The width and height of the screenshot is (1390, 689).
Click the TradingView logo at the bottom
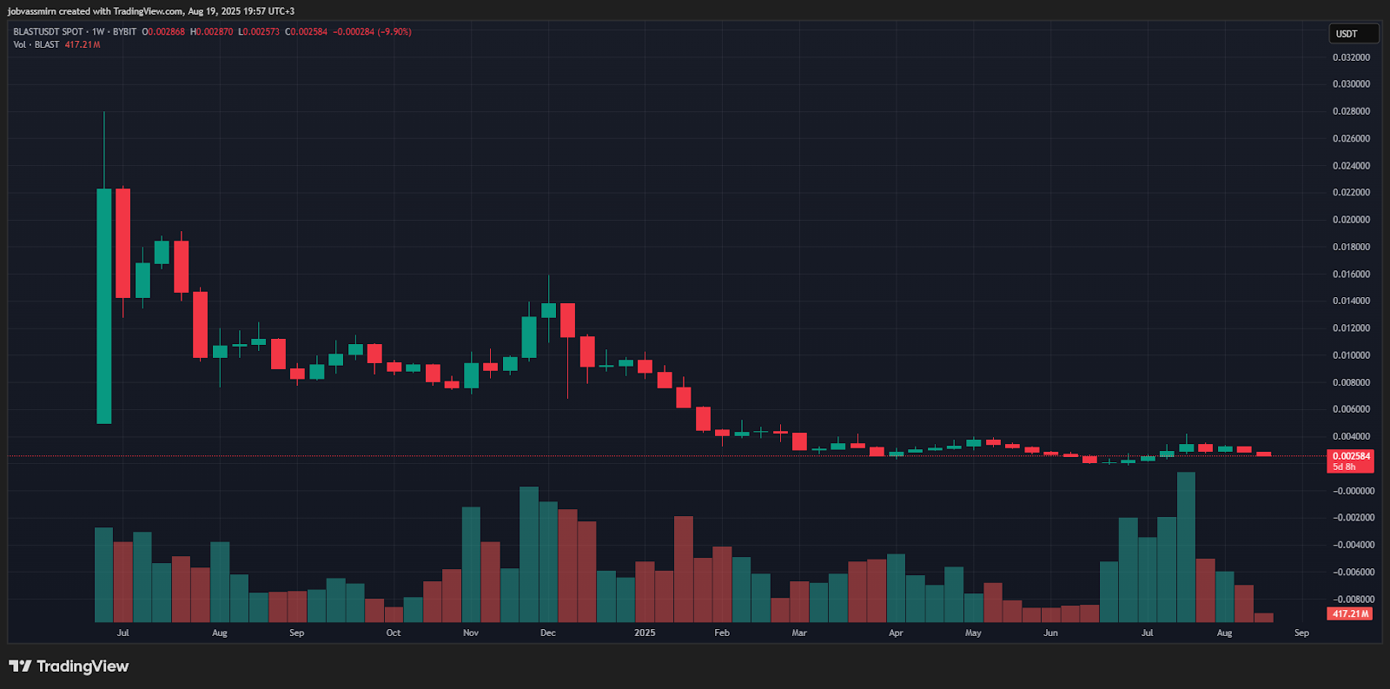point(69,666)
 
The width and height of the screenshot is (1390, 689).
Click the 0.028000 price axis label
point(1351,111)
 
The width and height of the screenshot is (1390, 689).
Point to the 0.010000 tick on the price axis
point(1351,355)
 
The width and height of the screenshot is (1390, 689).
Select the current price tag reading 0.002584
point(1351,456)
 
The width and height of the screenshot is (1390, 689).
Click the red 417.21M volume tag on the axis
point(1350,613)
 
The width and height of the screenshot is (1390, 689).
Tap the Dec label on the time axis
point(547,633)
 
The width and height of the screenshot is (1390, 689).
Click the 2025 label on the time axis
point(645,633)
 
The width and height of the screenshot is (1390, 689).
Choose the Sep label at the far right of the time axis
point(1301,633)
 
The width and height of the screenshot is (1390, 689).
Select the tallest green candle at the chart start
point(103,306)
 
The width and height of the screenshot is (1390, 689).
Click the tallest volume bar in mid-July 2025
point(1186,547)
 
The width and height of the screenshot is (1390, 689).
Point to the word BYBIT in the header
point(124,32)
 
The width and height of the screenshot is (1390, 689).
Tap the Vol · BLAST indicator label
point(36,44)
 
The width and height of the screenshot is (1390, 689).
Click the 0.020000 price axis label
point(1351,220)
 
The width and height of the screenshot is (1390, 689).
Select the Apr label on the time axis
point(896,633)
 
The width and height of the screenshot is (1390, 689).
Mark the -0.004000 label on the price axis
point(1354,545)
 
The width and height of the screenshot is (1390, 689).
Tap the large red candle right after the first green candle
point(122,243)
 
